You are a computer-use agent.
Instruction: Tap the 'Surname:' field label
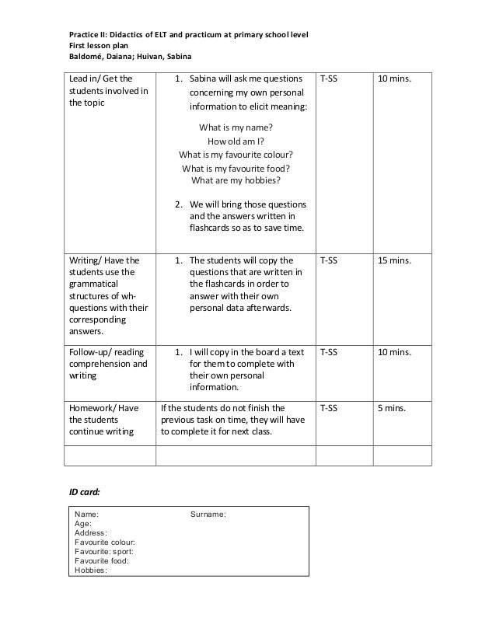[x=208, y=515]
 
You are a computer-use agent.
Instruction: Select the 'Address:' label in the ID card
[x=91, y=533]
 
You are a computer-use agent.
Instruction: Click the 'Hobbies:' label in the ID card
[x=91, y=570]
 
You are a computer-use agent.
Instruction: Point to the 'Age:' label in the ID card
[x=83, y=524]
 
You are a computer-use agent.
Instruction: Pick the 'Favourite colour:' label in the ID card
[x=105, y=542]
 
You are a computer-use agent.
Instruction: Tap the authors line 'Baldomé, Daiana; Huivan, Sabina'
[x=128, y=57]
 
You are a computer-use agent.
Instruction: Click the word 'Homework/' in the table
[x=92, y=407]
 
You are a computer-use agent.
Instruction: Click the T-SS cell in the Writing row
[x=329, y=260]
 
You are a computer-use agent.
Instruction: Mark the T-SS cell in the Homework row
[x=329, y=407]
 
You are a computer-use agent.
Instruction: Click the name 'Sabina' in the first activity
[x=204, y=79]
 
